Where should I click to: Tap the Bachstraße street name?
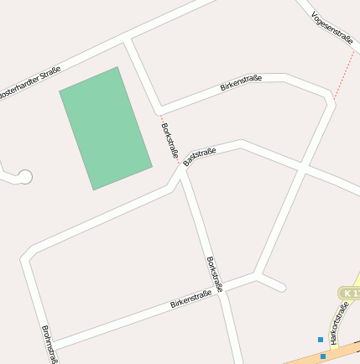pyautogui.click(x=200, y=156)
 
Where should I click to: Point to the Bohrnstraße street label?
pyautogui.click(x=49, y=344)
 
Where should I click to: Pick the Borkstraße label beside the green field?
pyautogui.click(x=169, y=140)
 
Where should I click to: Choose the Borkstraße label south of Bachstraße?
pyautogui.click(x=215, y=274)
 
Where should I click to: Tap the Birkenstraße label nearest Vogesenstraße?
pyautogui.click(x=241, y=82)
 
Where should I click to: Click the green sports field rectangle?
pyautogui.click(x=106, y=128)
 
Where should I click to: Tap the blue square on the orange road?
pyautogui.click(x=323, y=356)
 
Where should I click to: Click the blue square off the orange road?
pyautogui.click(x=320, y=339)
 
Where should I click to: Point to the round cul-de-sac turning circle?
pyautogui.click(x=25, y=177)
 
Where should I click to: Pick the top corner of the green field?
pyautogui.click(x=117, y=68)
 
